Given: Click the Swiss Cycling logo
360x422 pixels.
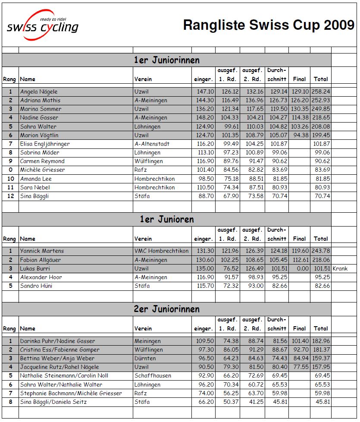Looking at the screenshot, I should (42, 25).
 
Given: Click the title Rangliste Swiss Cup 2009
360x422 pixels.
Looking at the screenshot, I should (268, 25).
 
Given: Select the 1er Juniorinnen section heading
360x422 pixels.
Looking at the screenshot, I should (166, 60).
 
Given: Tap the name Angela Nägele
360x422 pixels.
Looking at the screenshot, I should (39, 91).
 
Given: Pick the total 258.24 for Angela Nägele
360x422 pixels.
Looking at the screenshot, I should (321, 91).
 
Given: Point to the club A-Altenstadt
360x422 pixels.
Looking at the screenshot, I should (152, 144).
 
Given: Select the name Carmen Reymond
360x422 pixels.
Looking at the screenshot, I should (42, 161).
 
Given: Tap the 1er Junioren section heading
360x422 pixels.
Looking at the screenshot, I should (166, 219).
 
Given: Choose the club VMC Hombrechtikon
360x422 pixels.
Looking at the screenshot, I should (161, 251).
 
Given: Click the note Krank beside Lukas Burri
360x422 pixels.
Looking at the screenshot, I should (340, 268).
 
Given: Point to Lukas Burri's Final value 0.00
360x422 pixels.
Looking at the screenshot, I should (302, 268).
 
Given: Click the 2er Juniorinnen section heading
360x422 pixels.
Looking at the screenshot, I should (166, 309).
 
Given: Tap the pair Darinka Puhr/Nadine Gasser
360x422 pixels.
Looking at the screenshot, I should (57, 341).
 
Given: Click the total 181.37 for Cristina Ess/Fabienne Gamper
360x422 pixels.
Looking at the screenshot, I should (321, 350).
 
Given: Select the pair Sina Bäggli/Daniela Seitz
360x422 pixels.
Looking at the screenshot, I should (53, 402).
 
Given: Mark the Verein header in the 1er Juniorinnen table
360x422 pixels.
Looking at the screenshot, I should (143, 79).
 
